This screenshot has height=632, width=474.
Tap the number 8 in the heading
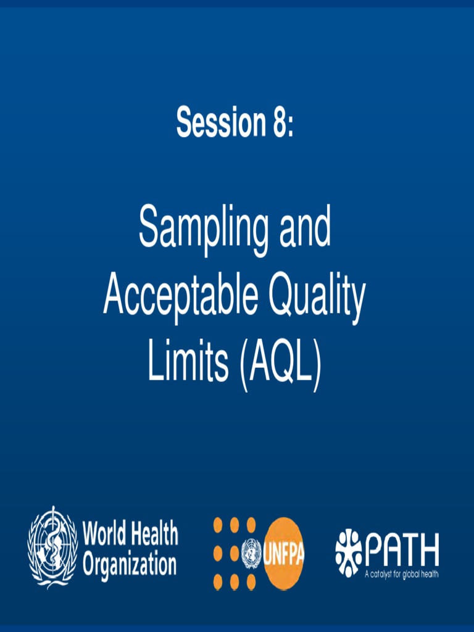tap(277, 122)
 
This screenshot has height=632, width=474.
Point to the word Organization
tap(130, 563)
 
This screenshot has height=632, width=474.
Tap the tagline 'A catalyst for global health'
tap(401, 574)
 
